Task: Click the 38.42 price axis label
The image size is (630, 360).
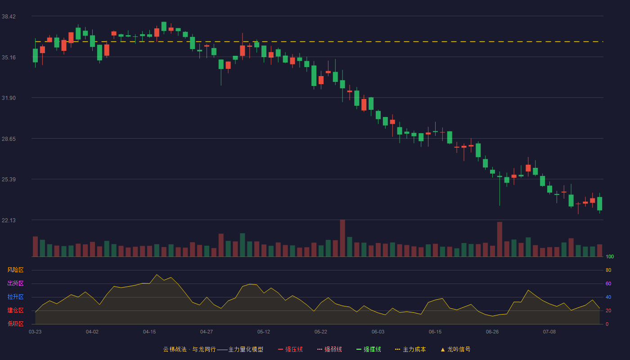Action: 9,16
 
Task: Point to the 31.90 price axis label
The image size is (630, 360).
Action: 9,98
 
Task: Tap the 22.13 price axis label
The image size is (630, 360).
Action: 9,220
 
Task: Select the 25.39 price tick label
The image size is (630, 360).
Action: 9,180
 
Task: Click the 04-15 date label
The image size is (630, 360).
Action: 149,332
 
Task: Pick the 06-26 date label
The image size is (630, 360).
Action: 492,332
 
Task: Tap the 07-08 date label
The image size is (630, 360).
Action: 549,332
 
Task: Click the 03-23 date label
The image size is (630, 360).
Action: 35,332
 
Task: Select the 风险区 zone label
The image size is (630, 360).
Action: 15,270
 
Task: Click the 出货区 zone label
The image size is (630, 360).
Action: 15,283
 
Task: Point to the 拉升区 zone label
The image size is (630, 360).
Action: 15,297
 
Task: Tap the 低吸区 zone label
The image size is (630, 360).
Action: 15,324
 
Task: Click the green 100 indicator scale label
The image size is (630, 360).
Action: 610,256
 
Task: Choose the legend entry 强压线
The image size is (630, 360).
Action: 291,349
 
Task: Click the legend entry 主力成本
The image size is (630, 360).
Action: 410,349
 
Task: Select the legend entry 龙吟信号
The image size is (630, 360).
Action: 455,349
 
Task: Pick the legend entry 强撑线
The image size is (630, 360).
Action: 369,349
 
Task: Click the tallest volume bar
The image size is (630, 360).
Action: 342,238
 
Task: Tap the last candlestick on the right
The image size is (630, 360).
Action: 599,203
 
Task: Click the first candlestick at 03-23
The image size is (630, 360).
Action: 35,55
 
